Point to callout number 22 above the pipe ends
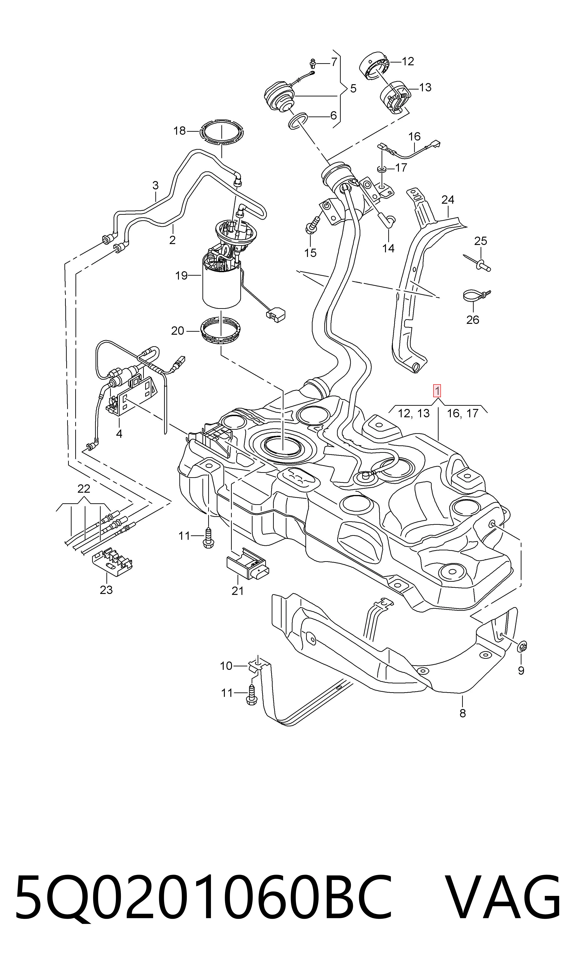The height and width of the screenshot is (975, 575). click(x=84, y=489)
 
